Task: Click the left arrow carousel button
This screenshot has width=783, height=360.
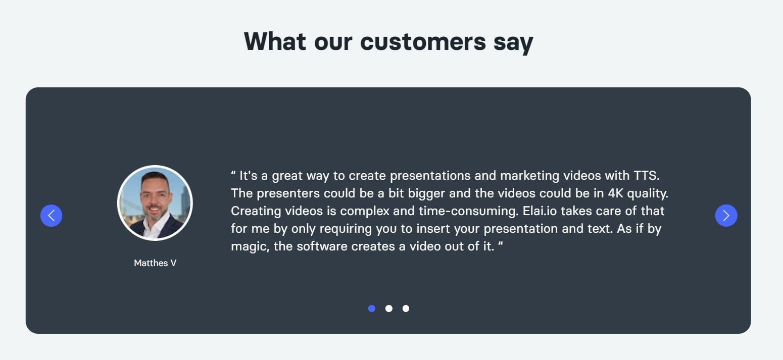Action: point(51,216)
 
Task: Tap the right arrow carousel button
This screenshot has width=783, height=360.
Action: point(726,216)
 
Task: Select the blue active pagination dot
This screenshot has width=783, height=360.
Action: point(372,308)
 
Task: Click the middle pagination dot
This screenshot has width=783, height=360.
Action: point(388,308)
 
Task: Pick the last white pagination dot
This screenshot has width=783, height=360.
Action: point(406,308)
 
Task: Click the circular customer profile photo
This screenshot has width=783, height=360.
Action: point(155,203)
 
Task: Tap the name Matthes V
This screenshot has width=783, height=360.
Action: point(155,263)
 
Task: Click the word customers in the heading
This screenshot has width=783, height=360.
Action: point(423,41)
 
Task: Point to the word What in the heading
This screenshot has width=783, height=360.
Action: point(275,41)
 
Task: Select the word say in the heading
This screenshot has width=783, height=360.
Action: point(513,42)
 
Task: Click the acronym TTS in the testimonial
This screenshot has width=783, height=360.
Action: point(647,176)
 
